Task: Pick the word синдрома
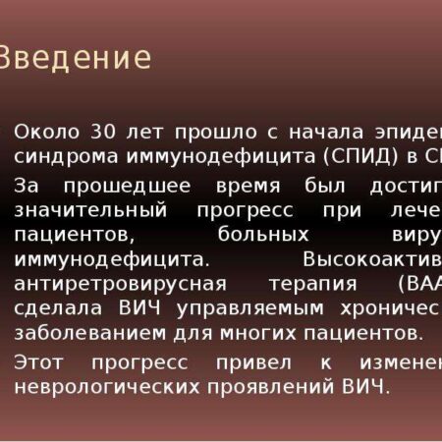(x=61, y=157)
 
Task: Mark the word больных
(x=266, y=235)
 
